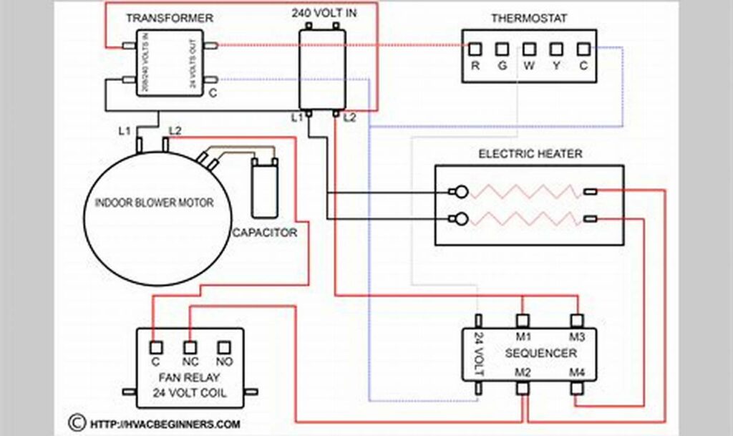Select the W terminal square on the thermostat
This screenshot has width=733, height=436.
pyautogui.click(x=529, y=49)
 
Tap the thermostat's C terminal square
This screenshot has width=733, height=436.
pyautogui.click(x=583, y=49)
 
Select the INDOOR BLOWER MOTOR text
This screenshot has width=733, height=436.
pyautogui.click(x=155, y=203)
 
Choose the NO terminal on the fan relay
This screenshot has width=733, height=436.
pyautogui.click(x=225, y=346)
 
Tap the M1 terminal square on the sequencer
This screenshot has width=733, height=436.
pyautogui.click(x=523, y=320)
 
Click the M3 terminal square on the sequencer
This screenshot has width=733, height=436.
pyautogui.click(x=576, y=320)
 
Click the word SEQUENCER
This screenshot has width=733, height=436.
pyautogui.click(x=540, y=354)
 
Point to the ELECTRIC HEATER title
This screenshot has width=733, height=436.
pyautogui.click(x=530, y=154)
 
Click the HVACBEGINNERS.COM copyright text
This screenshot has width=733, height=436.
pyautogui.click(x=164, y=424)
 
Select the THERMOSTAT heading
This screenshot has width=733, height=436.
pyautogui.click(x=529, y=18)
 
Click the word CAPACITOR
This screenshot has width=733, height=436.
pyautogui.click(x=264, y=233)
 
